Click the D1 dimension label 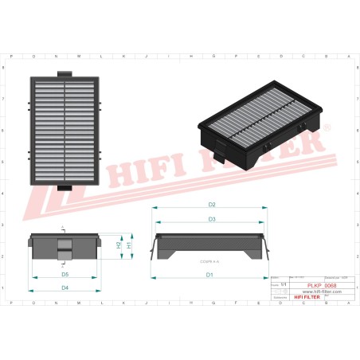[209, 275]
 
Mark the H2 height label [119, 246]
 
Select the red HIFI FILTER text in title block [307, 297]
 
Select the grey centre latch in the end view [65, 249]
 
